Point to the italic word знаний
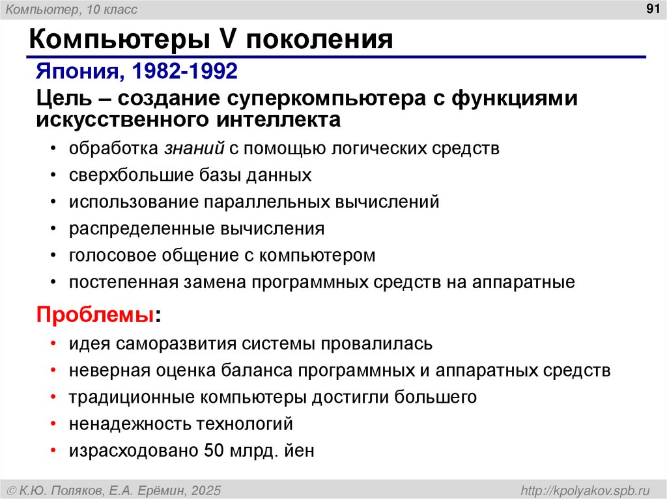click(193, 148)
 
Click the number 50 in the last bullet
click(215, 451)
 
